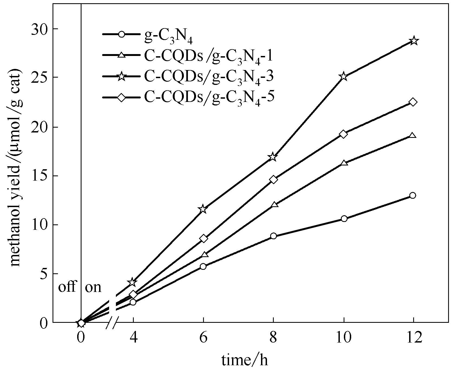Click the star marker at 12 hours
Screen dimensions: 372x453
(x=413, y=41)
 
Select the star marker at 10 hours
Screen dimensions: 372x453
(x=344, y=77)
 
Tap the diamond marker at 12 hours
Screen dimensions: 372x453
(x=413, y=102)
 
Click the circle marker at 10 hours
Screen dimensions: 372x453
(x=344, y=219)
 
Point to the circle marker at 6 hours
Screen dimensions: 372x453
(x=203, y=267)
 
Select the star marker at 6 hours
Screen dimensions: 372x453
(x=203, y=209)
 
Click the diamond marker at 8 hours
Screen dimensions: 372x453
(x=273, y=180)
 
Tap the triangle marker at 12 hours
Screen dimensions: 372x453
(x=413, y=136)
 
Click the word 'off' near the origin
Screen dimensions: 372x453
(x=67, y=287)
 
